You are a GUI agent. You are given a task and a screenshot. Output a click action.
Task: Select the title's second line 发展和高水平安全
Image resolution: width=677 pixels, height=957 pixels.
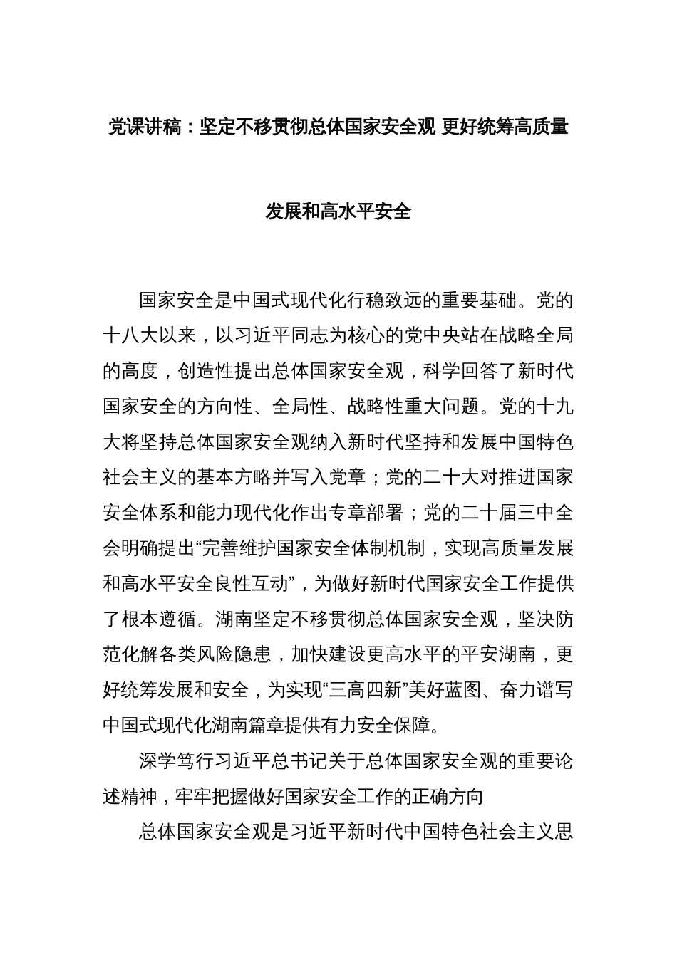(338, 211)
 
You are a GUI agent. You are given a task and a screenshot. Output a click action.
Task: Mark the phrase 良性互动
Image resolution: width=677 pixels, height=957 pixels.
(250, 585)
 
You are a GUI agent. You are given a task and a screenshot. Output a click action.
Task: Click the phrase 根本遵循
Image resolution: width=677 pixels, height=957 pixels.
(157, 620)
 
